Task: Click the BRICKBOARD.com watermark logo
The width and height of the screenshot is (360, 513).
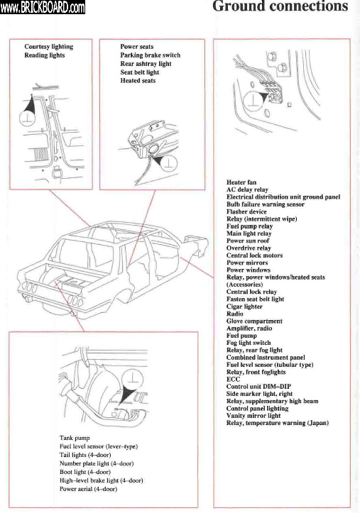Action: pos(43,7)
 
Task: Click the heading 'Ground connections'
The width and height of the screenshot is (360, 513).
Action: pos(280,6)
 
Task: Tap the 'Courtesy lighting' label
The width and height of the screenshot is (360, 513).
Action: pos(49,47)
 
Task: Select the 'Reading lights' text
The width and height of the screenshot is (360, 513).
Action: pos(45,55)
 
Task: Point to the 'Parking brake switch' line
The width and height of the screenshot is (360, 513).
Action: pos(151,55)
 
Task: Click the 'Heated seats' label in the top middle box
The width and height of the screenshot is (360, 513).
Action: pos(138,80)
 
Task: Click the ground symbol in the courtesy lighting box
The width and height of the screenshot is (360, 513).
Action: pos(27,118)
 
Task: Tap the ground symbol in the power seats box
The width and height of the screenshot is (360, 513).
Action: pos(169,162)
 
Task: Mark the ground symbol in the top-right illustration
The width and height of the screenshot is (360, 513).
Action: pos(254,101)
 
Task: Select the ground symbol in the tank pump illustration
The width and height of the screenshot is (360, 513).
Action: pos(132,378)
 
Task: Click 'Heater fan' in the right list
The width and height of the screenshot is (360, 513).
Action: pos(241,182)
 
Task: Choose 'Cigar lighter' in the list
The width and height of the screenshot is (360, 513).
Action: pos(244,307)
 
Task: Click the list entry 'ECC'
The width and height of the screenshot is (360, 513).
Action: pos(233,379)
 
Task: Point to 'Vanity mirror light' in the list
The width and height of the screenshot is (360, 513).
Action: pos(253,416)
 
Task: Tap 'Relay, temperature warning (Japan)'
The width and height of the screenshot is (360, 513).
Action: pos(278,423)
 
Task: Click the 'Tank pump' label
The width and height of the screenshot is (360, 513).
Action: pos(75,438)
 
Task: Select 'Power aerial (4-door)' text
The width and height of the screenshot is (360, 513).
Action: pos(88,489)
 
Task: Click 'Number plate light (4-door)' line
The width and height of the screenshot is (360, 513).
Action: pos(97,463)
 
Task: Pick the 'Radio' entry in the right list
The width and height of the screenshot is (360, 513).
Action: pos(234,314)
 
